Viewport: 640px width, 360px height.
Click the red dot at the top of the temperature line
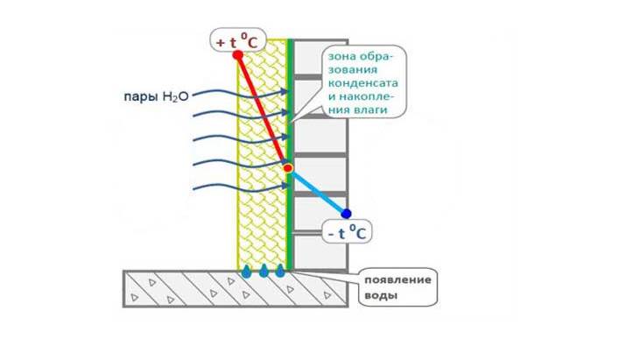click(x=237, y=54)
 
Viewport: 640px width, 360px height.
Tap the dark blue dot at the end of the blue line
click(x=346, y=214)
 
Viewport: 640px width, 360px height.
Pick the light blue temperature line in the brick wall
click(x=317, y=190)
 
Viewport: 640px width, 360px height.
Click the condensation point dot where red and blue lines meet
click(x=288, y=167)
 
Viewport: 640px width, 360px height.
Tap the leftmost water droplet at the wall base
click(x=247, y=271)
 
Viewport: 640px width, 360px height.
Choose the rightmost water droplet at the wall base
click(x=280, y=271)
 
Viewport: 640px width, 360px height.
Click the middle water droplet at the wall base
click(x=264, y=271)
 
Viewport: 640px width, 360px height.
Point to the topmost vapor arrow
click(x=236, y=90)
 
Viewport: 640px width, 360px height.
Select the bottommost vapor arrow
click(x=236, y=187)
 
